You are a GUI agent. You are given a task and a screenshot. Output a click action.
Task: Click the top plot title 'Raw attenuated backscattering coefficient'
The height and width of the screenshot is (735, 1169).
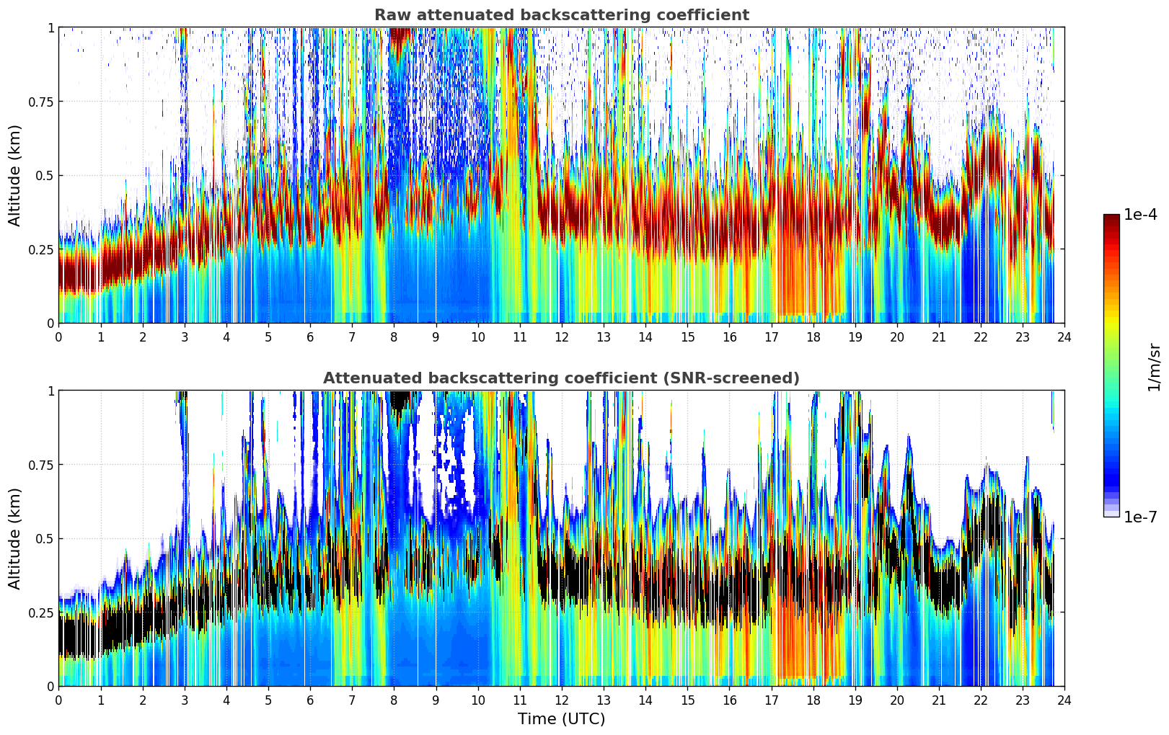coord(561,15)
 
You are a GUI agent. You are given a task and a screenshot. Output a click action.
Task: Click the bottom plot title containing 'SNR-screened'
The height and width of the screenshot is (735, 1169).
coord(561,378)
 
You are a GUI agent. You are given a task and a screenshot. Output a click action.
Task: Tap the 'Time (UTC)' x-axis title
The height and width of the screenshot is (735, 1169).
coord(561,719)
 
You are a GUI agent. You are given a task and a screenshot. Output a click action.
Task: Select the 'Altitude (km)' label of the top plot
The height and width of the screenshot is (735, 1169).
coord(15,175)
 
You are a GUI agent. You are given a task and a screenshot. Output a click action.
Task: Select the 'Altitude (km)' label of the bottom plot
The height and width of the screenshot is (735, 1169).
coord(15,538)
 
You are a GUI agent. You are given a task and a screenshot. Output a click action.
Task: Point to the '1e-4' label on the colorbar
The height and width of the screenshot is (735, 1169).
coord(1140,215)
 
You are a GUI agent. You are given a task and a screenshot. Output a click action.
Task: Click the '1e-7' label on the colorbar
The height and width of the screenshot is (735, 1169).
coord(1140,517)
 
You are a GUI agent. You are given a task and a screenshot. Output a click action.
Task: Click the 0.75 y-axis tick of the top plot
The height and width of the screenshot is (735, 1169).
coord(42,102)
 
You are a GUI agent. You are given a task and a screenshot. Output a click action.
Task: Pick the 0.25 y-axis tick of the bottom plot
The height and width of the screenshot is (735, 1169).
coord(42,612)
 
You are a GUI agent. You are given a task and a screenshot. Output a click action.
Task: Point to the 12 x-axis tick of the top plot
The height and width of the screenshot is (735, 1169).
coord(561,337)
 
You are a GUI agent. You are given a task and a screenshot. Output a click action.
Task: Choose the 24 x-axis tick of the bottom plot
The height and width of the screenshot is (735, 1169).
coord(1064,700)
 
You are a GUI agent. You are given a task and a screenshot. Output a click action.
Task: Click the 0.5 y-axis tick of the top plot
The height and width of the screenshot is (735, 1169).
coord(45,175)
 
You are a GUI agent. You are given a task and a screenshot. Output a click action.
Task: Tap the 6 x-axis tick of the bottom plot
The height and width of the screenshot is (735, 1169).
coord(310,700)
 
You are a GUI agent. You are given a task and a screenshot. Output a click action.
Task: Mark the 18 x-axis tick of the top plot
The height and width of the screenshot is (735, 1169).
coord(813,337)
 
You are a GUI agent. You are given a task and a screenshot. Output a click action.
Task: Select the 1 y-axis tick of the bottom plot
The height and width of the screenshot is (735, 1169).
coord(50,391)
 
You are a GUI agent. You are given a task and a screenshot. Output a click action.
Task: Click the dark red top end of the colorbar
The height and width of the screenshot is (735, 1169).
coord(1111,218)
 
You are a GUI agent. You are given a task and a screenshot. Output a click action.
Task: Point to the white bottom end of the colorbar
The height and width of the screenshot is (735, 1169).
coord(1111,513)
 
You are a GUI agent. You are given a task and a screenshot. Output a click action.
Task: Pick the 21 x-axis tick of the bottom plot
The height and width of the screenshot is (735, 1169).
coord(939,700)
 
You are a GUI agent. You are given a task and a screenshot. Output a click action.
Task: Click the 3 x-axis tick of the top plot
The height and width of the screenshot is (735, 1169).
coord(185,337)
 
